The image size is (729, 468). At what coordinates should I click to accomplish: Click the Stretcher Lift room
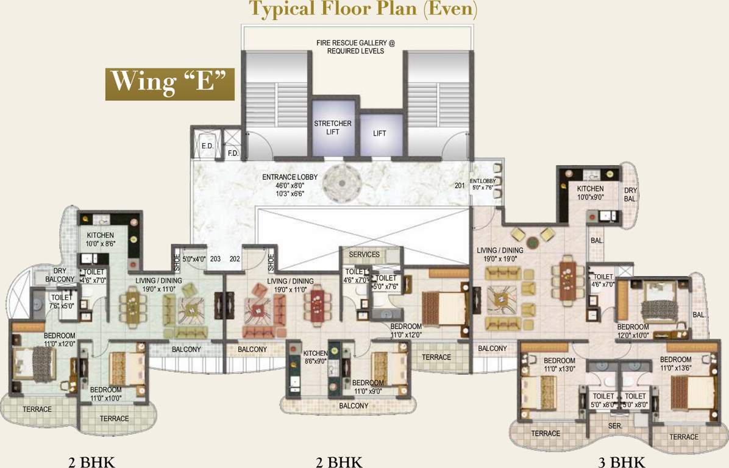click(332, 127)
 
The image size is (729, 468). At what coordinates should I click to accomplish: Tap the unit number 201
click(459, 185)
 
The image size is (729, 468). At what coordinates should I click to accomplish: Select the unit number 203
click(215, 258)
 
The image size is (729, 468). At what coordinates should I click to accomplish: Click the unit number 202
click(234, 258)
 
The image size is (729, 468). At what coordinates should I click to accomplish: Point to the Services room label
click(364, 255)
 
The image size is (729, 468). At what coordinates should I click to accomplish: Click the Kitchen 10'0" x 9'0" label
click(590, 193)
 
